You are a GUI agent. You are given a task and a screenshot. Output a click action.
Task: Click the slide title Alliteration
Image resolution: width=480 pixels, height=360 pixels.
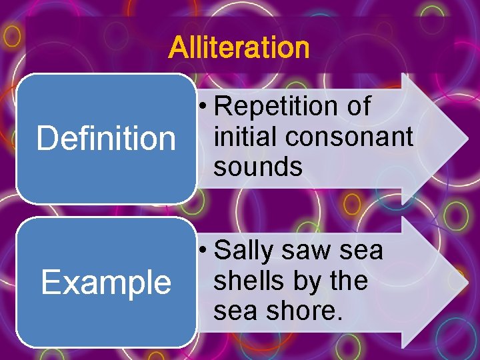point(239,48)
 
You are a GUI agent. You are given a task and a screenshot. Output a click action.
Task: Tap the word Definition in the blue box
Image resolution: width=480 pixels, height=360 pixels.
point(106,139)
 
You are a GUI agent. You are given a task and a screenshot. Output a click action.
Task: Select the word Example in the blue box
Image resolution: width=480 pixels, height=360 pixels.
point(106,283)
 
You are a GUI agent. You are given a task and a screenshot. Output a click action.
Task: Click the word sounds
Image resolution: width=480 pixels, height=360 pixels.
point(258,167)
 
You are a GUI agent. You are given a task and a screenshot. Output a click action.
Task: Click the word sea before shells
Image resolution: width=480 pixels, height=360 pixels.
point(361,251)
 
